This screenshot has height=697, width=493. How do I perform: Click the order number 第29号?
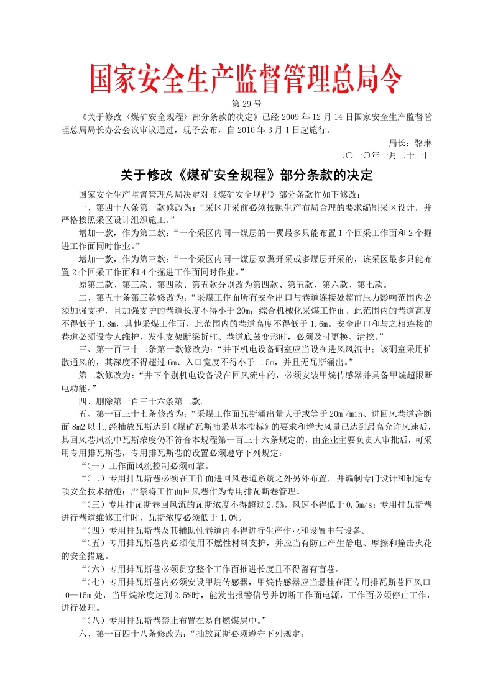pyautogui.click(x=246, y=102)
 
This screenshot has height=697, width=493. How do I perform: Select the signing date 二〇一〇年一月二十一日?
pyautogui.click(x=384, y=155)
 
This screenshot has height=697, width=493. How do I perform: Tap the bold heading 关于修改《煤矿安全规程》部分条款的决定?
pyautogui.click(x=246, y=175)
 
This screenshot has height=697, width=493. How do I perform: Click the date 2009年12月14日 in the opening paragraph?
pyautogui.click(x=306, y=116)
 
